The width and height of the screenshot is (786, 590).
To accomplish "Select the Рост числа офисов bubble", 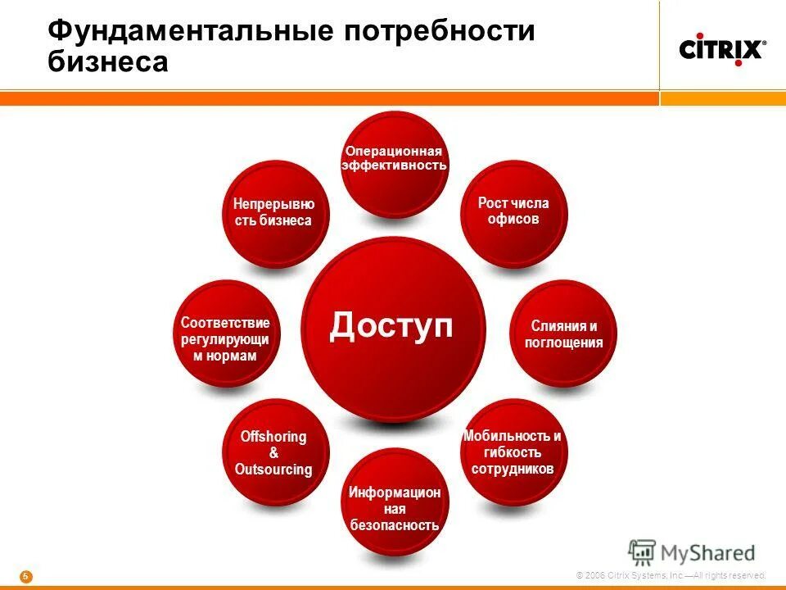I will pos(513,213).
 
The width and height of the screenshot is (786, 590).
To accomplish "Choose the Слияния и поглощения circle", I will pos(563,334).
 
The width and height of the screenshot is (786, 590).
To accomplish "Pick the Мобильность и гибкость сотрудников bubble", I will pos(513,452).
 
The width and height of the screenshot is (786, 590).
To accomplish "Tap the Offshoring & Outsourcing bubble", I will pos(274,452).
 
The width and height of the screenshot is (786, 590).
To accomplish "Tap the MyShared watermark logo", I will pos(692,553).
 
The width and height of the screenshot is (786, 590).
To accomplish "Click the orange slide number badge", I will pos(25,576).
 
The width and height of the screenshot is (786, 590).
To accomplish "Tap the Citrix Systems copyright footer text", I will pos(671,576).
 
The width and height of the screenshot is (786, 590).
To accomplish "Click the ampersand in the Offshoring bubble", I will pos(273,453).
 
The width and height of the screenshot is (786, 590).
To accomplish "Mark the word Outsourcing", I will pos(273,470).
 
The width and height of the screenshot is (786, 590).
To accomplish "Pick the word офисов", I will pos(513,220).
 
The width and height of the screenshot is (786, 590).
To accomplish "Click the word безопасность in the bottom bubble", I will pos(395,525).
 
